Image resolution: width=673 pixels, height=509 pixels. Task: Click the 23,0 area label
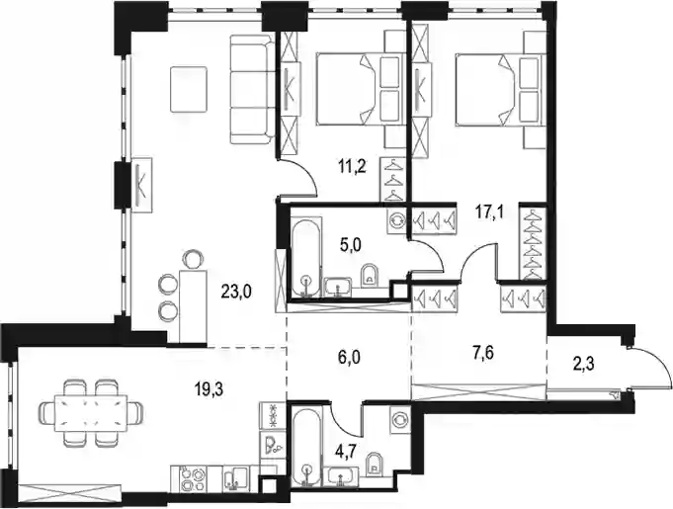click(235, 293)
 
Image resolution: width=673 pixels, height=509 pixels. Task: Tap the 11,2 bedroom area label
click(352, 166)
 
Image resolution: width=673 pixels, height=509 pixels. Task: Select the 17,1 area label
click(490, 212)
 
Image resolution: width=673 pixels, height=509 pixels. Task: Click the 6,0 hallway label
click(348, 357)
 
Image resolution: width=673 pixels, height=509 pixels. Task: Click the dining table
click(91, 413)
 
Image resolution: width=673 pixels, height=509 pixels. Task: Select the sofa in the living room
click(252, 89)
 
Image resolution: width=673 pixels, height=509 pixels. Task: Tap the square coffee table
click(190, 89)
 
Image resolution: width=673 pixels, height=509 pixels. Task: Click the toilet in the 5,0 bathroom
click(370, 275)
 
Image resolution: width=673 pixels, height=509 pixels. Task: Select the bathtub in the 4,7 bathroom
click(306, 447)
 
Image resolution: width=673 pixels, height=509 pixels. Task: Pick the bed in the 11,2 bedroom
click(361, 89)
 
